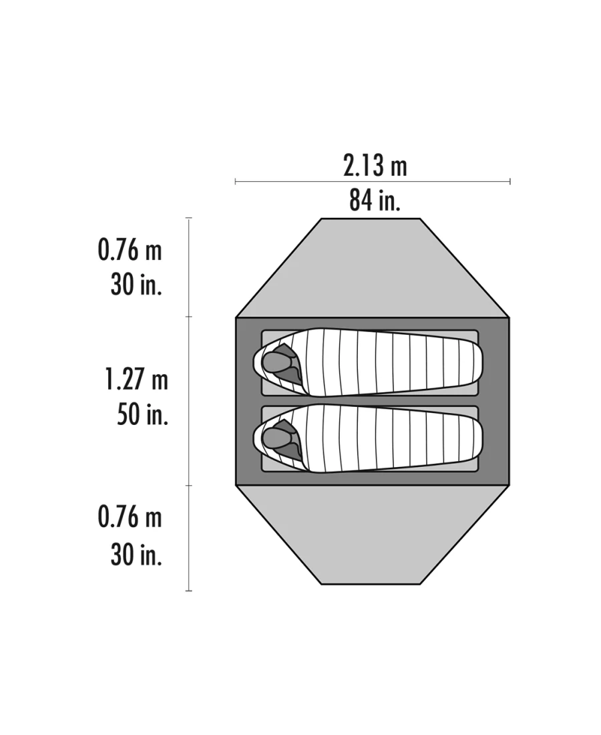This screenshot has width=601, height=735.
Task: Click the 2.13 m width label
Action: (375, 166)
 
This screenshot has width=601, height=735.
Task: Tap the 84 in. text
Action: (375, 200)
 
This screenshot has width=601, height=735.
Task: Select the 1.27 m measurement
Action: (136, 380)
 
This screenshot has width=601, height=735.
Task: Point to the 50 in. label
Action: (142, 414)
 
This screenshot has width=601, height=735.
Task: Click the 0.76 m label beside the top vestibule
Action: (130, 251)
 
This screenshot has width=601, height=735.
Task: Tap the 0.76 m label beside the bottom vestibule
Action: (130, 518)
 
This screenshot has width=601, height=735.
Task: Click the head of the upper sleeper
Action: (274, 361)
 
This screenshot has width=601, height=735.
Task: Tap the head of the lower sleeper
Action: (274, 438)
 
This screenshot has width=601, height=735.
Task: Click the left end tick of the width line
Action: (235, 181)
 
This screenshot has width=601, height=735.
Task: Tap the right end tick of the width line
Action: (510, 181)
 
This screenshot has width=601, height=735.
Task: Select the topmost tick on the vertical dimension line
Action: (189, 218)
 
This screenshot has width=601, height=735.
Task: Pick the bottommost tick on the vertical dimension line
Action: (189, 591)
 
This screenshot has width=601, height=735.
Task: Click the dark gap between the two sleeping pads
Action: (371, 401)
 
